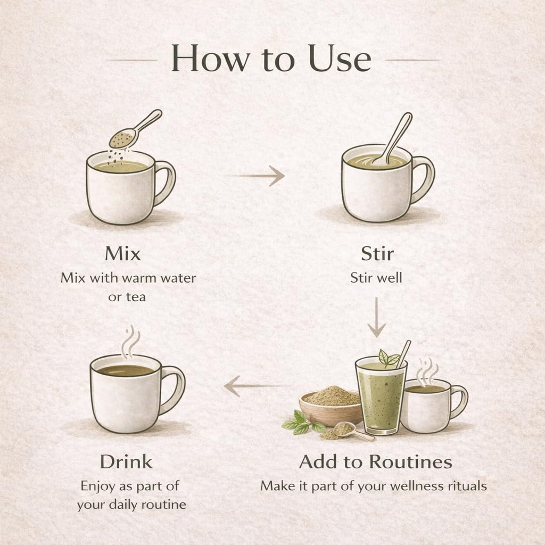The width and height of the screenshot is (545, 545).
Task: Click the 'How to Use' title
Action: [x=271, y=59]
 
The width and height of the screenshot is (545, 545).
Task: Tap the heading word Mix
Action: [x=123, y=253]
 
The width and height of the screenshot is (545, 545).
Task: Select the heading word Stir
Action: [x=377, y=253]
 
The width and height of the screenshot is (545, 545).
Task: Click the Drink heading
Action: [x=126, y=462]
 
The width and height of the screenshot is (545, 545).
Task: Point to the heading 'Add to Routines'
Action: [x=375, y=462]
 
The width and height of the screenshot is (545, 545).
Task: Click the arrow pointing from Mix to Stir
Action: [x=257, y=176]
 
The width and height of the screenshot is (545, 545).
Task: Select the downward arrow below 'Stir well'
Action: [x=376, y=317]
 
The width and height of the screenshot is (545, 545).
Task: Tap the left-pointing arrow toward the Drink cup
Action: [x=257, y=386]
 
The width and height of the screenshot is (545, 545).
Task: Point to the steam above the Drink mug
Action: [x=130, y=342]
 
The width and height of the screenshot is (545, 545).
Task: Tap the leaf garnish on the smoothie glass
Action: [x=389, y=359]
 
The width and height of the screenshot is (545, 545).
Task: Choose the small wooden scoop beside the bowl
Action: [x=352, y=431]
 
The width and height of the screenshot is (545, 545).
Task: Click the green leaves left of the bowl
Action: [x=302, y=422]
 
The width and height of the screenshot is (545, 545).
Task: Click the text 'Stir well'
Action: [x=376, y=278]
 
